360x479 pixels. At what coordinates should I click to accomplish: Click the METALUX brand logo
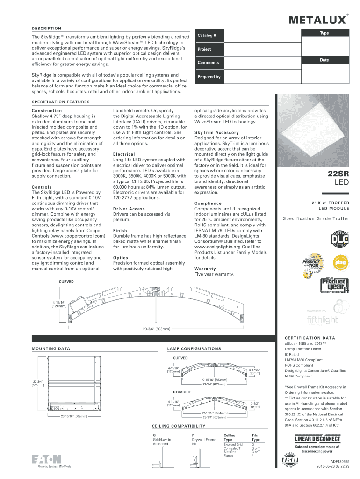click(320, 20)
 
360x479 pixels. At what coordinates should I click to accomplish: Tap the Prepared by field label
click(209, 76)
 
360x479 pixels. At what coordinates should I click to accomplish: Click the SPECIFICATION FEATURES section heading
click(60, 102)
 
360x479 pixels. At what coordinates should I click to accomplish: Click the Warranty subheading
click(205, 269)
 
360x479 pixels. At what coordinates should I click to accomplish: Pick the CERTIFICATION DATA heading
click(313, 338)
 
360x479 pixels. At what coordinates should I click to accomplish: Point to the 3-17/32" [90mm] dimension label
click(255, 371)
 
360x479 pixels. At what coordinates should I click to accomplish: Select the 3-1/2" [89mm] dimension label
click(254, 405)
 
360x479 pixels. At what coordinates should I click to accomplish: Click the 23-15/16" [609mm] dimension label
click(74, 416)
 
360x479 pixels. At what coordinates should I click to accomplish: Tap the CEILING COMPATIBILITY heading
click(179, 426)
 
